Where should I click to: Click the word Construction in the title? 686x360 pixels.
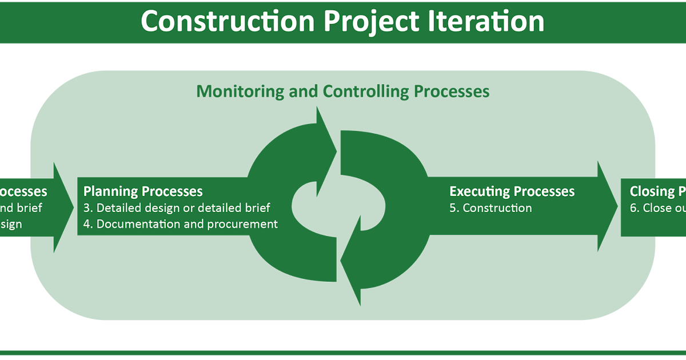pos(228,22)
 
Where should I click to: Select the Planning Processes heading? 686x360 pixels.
pos(143,191)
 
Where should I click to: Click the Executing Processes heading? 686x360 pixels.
pos(512,191)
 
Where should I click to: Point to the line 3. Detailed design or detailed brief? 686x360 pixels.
pos(177,208)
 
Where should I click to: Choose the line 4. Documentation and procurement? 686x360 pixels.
pos(181,224)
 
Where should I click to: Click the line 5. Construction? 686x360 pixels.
pos(490,208)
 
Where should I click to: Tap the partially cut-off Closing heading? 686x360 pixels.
pos(657,191)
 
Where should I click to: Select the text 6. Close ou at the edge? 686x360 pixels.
pos(657,208)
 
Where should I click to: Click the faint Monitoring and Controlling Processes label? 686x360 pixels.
pos(343,91)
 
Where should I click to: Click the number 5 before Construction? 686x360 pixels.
pos(453,208)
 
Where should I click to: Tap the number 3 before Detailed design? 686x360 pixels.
pos(87,208)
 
